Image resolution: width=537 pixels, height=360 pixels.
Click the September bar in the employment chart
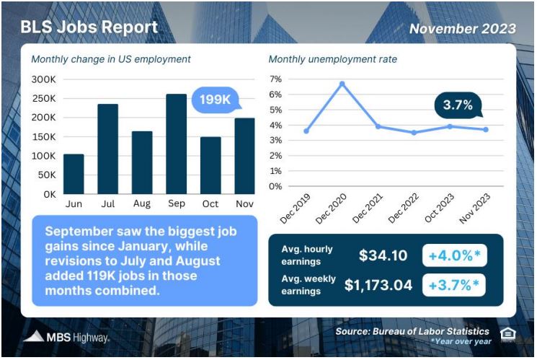(x=177, y=144)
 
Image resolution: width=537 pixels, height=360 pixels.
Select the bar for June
(x=74, y=174)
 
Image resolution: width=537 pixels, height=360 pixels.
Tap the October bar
(x=210, y=166)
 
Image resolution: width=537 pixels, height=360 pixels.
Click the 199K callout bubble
(x=215, y=100)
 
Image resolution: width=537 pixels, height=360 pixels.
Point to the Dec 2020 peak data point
(x=342, y=84)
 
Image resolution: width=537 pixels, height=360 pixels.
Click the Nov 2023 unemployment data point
(x=486, y=130)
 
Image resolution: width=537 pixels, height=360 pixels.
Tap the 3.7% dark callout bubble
(x=458, y=105)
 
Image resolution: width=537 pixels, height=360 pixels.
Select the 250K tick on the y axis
(x=43, y=99)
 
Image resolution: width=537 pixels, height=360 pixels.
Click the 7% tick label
(x=275, y=79)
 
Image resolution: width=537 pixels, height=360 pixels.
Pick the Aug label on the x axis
(x=142, y=203)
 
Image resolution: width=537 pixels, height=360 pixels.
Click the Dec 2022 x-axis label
(x=404, y=208)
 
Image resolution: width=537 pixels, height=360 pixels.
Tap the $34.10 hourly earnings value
(x=383, y=255)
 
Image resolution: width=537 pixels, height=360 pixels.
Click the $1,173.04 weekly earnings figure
(x=378, y=285)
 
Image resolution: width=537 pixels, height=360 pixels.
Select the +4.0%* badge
(x=454, y=255)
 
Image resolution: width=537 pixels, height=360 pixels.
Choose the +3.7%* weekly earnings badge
(x=454, y=285)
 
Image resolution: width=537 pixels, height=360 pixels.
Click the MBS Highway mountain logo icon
(x=34, y=336)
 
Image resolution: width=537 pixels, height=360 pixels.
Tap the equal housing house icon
(x=508, y=334)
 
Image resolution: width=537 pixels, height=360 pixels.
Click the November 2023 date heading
(x=463, y=29)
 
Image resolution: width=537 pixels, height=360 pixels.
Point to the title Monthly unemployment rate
(x=333, y=59)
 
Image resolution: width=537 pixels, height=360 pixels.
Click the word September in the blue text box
(x=79, y=232)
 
